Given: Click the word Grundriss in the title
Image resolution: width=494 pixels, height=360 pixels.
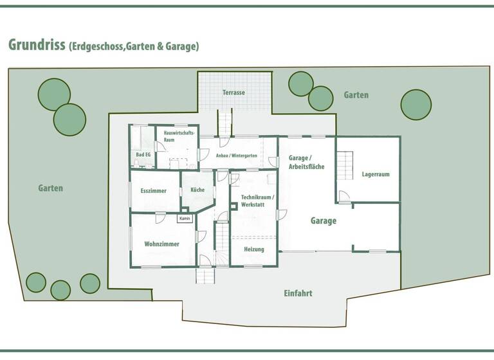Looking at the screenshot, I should (36, 45).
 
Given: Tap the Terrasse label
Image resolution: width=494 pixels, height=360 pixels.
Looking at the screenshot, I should (234, 93).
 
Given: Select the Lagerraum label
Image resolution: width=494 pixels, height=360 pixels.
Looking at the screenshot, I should (376, 174).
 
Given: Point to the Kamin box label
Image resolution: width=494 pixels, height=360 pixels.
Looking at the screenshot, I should (185, 219).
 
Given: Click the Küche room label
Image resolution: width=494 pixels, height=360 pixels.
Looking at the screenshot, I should (197, 190).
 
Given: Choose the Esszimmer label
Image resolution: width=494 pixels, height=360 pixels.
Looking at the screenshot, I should (154, 191).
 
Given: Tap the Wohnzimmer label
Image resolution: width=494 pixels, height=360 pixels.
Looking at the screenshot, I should (161, 244).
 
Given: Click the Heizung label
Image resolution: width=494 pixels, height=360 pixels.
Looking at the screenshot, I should (254, 249).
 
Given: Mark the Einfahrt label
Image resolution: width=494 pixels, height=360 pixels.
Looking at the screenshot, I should (298, 293).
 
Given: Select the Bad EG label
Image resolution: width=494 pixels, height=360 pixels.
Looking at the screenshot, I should (143, 155).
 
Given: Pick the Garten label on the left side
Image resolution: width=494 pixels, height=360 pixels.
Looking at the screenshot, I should (50, 188).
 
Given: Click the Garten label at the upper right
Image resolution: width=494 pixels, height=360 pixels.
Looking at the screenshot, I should (356, 95).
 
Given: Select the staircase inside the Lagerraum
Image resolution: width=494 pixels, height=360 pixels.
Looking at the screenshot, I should (345, 165).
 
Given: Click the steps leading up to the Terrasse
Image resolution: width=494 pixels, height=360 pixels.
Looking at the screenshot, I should (224, 122).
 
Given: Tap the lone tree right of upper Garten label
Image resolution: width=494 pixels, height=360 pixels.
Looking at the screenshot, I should (416, 104).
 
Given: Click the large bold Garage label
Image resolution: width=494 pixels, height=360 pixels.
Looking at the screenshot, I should (324, 221).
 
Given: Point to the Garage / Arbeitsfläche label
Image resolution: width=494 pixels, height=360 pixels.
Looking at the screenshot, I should (306, 162).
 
